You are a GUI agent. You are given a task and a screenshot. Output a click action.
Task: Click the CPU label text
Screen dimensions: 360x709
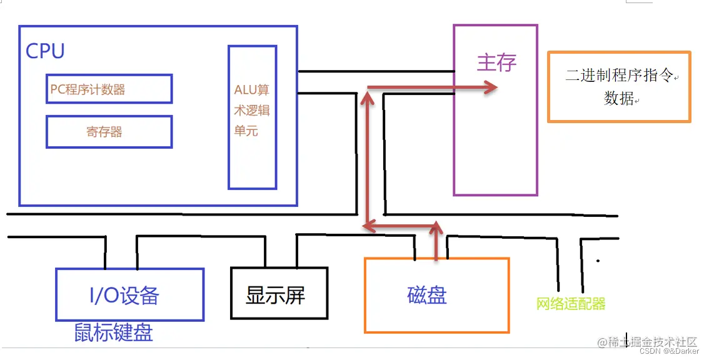point(45,51)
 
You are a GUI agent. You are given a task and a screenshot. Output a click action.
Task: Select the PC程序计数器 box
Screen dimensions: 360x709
point(109,89)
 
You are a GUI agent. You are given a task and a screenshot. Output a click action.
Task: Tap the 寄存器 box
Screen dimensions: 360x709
point(109,132)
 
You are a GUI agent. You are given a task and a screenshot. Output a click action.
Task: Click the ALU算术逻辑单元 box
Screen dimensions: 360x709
point(252,117)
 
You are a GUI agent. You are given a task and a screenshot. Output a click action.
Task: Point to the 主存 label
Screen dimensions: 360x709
point(496,63)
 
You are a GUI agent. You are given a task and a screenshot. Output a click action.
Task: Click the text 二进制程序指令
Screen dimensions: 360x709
point(619,76)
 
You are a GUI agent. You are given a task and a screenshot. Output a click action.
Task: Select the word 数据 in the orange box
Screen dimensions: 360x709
point(619,98)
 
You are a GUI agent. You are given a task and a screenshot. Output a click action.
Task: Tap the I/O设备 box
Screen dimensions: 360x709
point(129,294)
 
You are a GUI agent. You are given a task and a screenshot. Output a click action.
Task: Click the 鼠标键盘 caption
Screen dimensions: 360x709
point(113,332)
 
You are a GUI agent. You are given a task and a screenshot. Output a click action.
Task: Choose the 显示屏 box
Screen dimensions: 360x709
point(279,294)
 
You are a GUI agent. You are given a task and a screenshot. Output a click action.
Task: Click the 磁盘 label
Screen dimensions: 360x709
point(427,294)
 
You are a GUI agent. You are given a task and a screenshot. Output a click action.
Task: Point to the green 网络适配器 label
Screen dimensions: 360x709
point(571,304)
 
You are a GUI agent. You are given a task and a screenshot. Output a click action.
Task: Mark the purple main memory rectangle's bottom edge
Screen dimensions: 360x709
point(495,195)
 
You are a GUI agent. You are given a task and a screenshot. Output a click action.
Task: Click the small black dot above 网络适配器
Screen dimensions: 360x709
point(598,261)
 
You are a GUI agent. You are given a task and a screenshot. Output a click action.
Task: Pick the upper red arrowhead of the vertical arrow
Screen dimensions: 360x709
point(368,99)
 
